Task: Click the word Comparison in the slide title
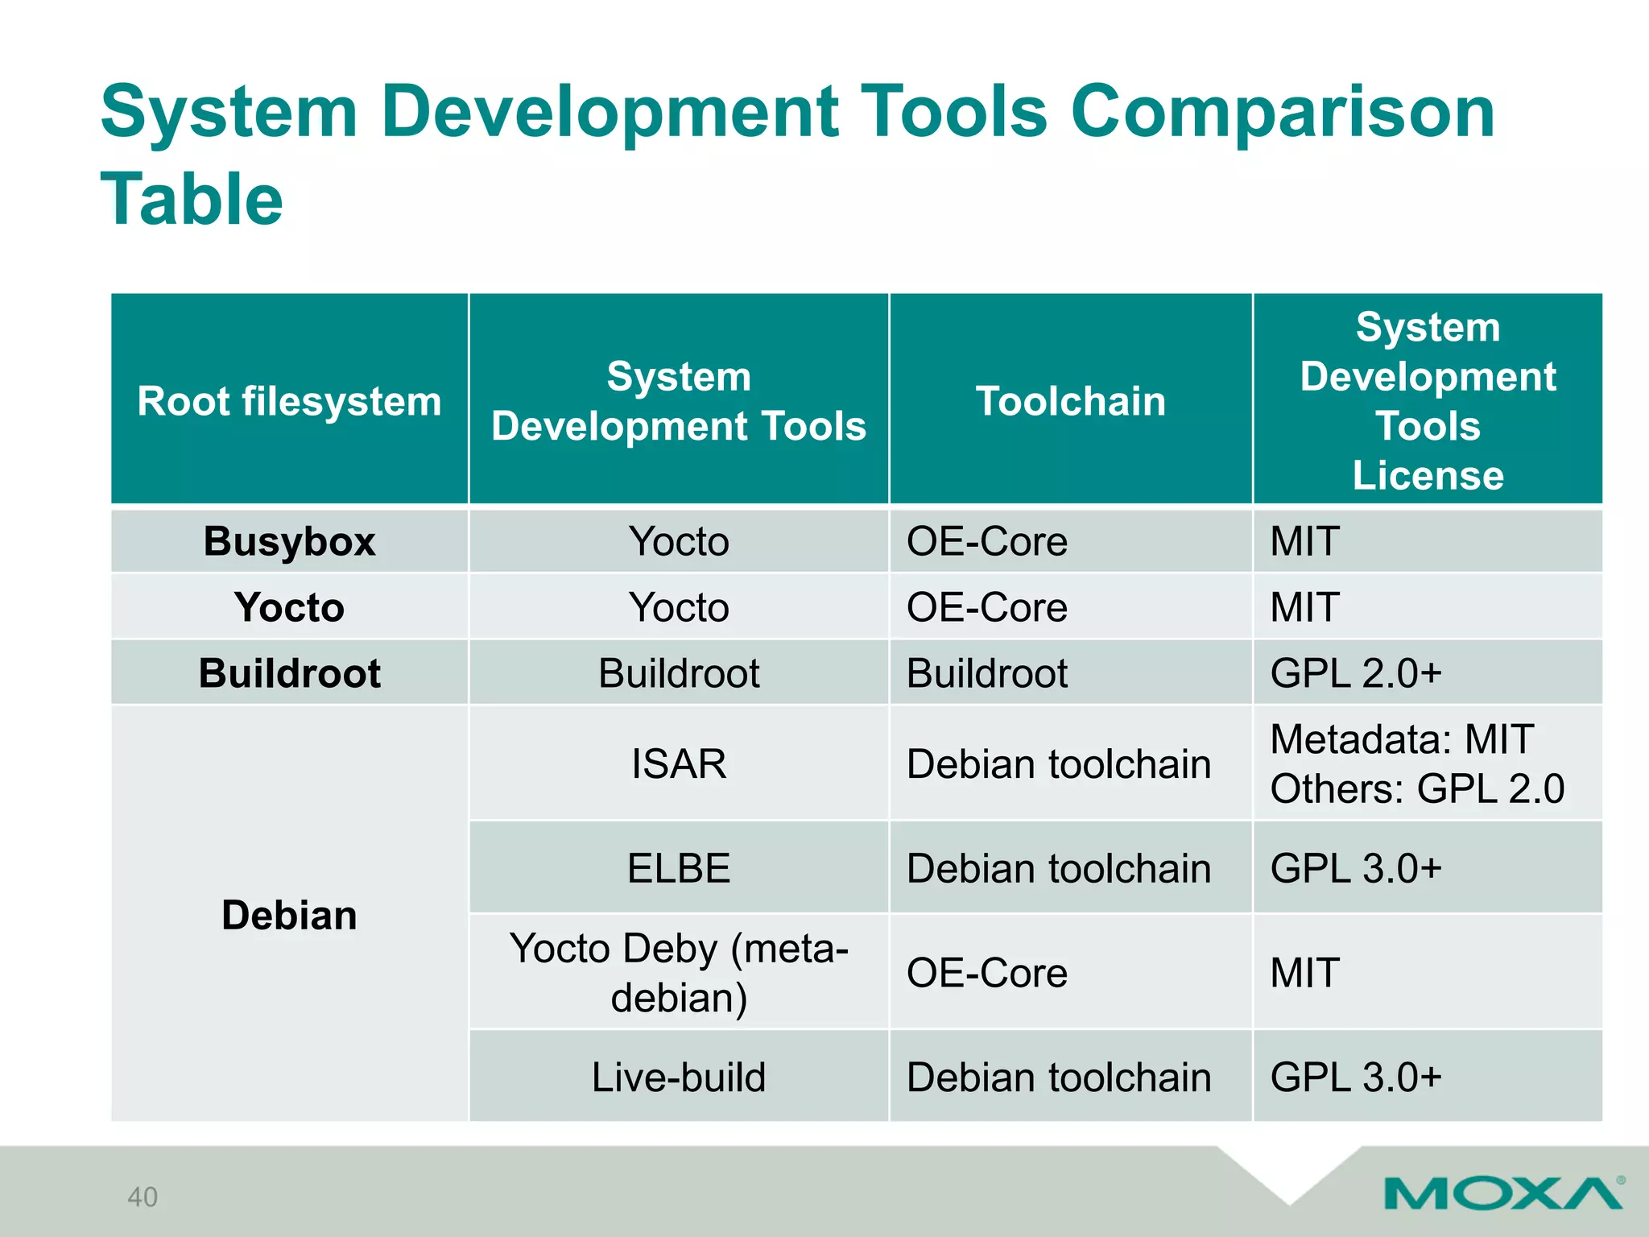coord(1282,113)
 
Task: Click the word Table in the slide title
coord(192,200)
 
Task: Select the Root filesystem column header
coord(289,401)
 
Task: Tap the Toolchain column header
coord(1070,401)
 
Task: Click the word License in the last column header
coord(1428,475)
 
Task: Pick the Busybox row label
coord(289,541)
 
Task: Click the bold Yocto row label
coord(289,607)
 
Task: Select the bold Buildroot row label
coord(289,673)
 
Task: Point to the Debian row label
coord(289,916)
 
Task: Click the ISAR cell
coord(679,763)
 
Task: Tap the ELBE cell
coord(679,868)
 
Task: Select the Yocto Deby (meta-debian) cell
coord(679,973)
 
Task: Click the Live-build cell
coord(679,1078)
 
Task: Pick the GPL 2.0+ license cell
coord(1355,673)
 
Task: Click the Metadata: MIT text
coord(1401,739)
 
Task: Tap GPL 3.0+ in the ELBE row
coord(1355,868)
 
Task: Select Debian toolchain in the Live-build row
coord(1058,1078)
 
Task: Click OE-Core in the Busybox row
coord(986,541)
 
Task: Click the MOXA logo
coord(1502,1193)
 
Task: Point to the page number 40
coord(143,1197)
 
